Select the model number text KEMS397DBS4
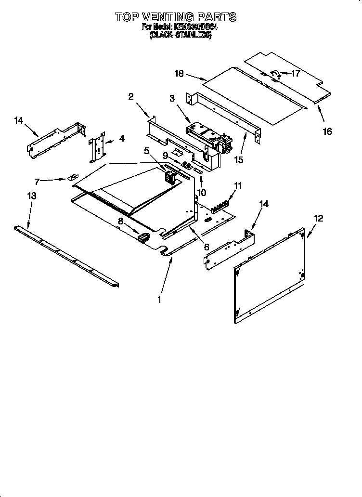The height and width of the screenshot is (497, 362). tap(194, 27)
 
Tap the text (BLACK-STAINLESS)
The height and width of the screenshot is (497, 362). tap(181, 36)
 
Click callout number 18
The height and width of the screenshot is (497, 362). tap(179, 74)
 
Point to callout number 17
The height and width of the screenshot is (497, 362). tap(295, 74)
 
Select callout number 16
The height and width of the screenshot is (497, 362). tap(327, 131)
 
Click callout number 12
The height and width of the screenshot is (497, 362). tap(318, 219)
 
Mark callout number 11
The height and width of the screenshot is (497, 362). tap(237, 185)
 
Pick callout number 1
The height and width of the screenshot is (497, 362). tap(160, 299)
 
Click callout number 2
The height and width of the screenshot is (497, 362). tap(130, 96)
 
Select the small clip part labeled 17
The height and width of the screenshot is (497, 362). tap(277, 73)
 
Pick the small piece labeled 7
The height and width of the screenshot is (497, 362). tap(74, 177)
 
